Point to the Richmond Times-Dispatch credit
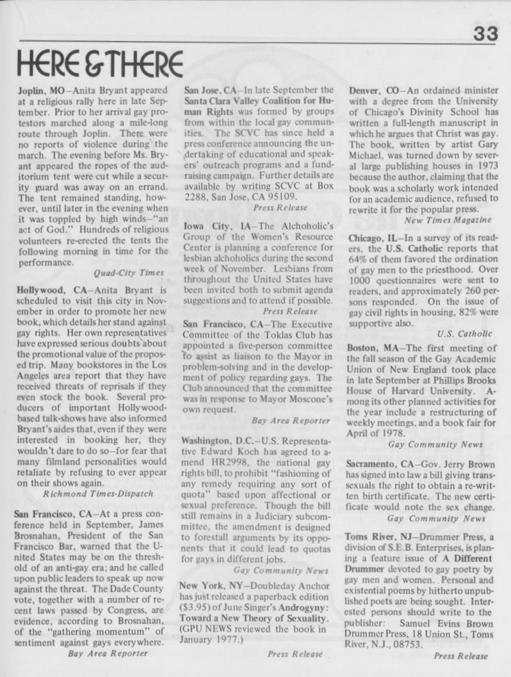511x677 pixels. pyautogui.click(x=90, y=494)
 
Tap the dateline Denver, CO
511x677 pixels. pyautogui.click(x=373, y=91)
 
